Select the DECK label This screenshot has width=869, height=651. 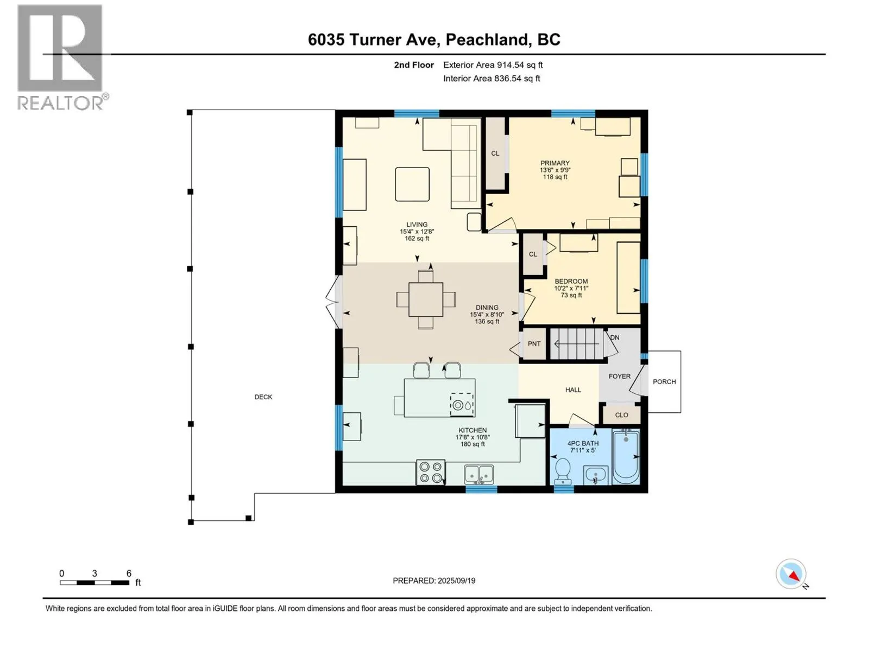click(263, 397)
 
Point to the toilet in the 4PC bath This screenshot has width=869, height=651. click(563, 471)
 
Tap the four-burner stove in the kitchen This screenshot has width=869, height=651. click(431, 472)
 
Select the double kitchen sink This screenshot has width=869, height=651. click(479, 474)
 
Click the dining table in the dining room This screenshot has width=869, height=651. click(426, 299)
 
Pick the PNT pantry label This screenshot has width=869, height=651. click(534, 344)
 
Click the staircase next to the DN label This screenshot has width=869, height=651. click(577, 344)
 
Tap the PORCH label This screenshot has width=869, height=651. click(664, 382)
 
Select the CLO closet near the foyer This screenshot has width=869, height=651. click(621, 415)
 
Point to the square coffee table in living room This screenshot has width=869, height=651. click(412, 184)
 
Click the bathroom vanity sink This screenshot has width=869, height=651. click(596, 475)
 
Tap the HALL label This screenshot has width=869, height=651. click(573, 390)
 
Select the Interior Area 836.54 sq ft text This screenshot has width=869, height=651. click(492, 78)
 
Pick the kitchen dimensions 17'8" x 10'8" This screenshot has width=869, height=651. click(473, 437)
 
